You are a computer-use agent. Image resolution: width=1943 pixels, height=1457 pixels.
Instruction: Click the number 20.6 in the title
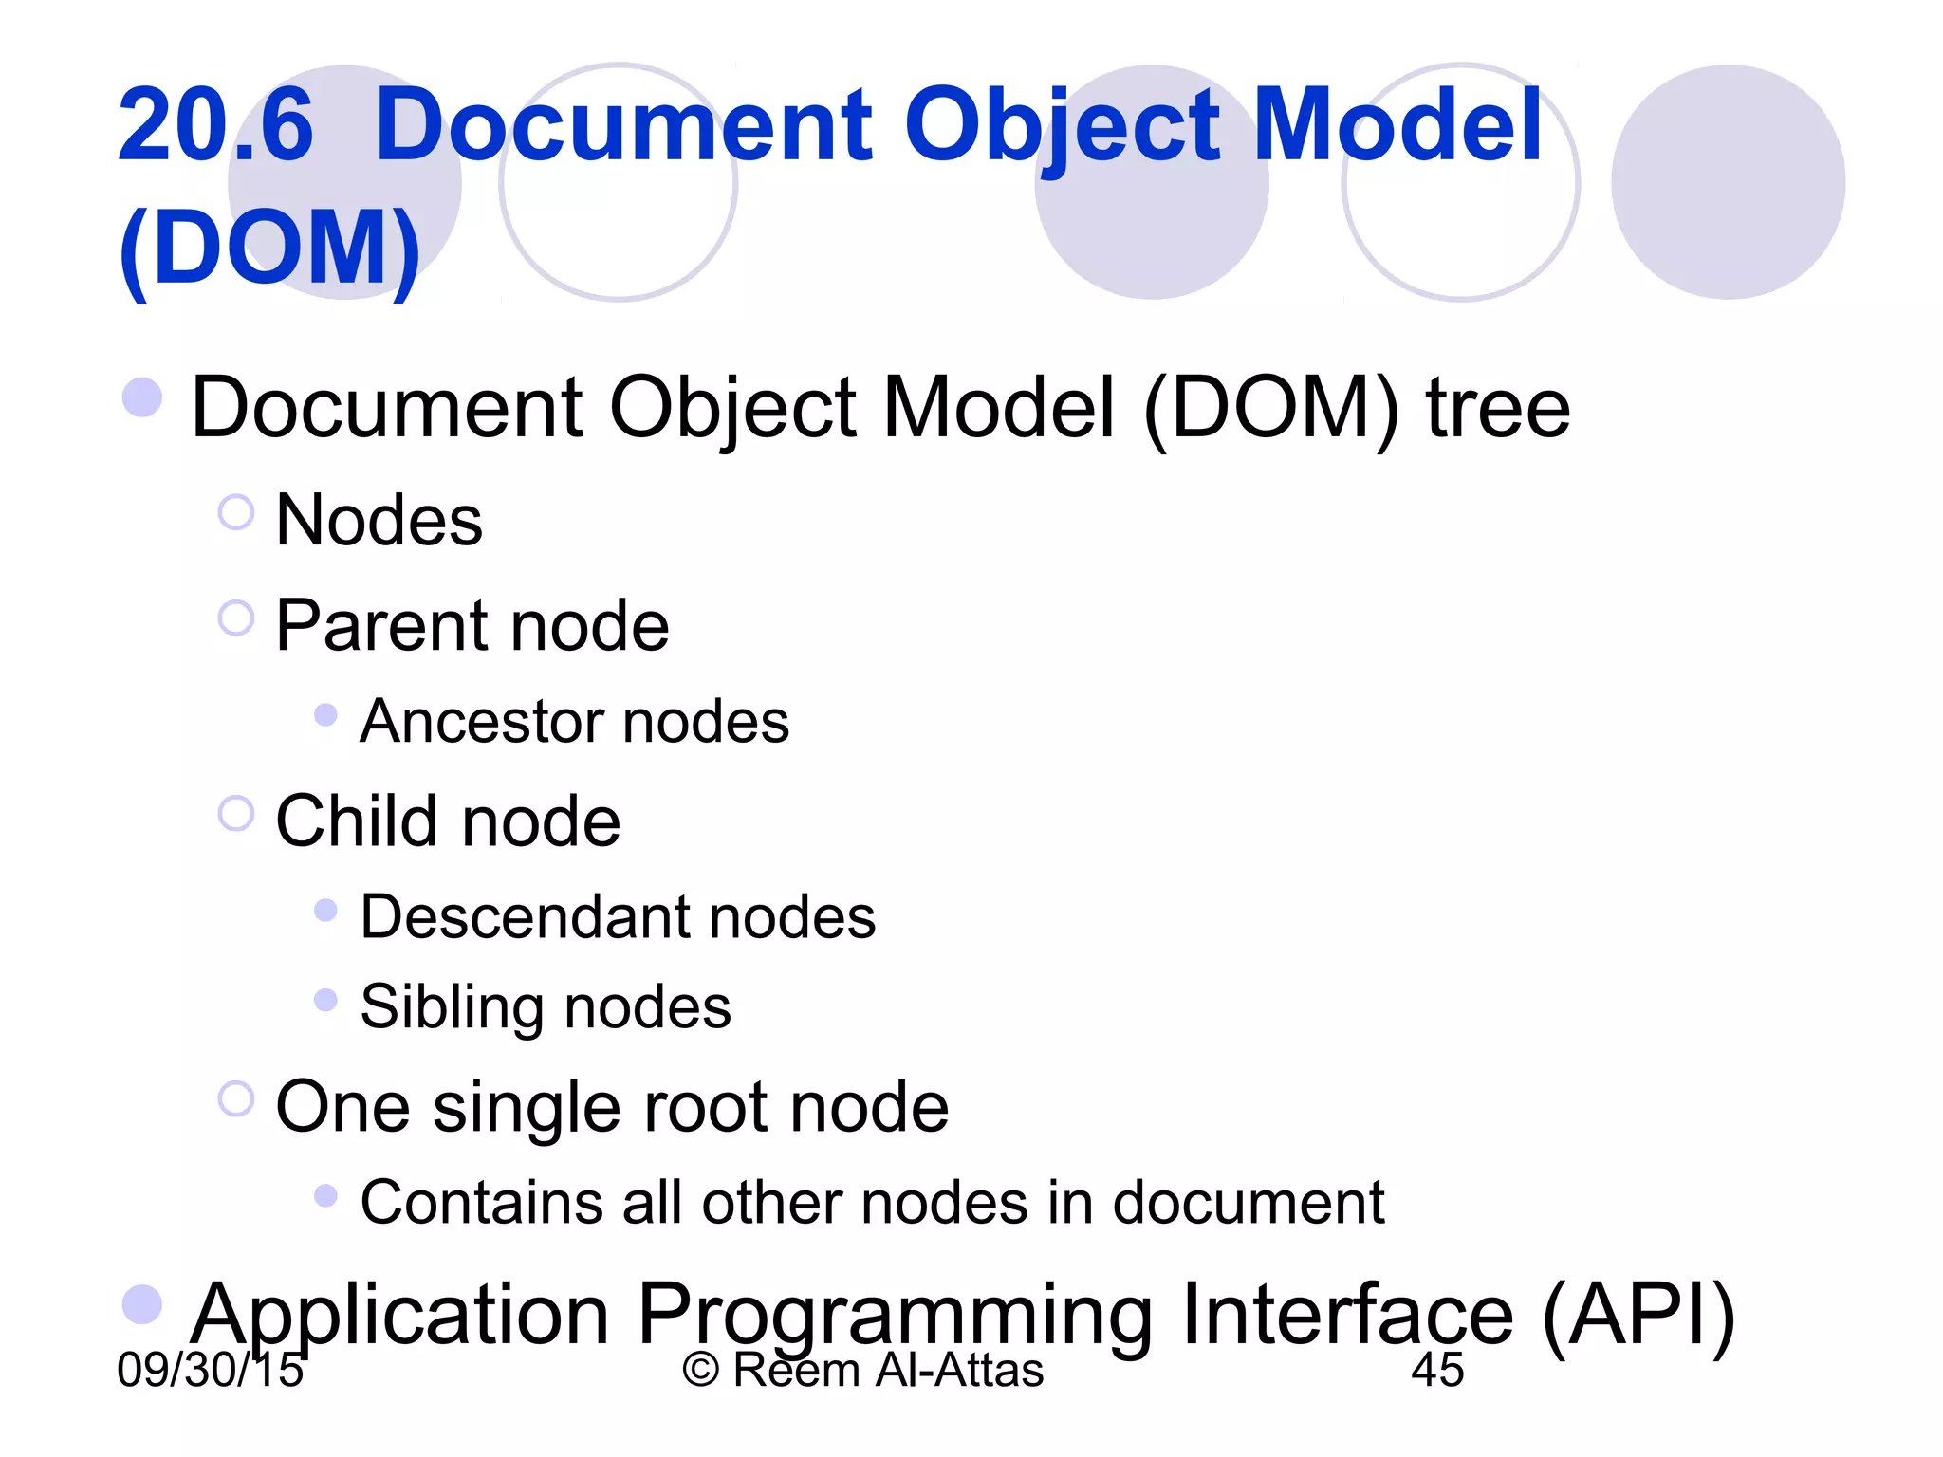click(x=215, y=125)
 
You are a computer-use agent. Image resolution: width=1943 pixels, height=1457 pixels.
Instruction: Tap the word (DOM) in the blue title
click(x=270, y=249)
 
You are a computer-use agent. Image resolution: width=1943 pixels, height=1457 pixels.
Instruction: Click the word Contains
click(x=481, y=1203)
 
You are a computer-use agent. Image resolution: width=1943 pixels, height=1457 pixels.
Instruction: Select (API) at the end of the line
click(x=1638, y=1317)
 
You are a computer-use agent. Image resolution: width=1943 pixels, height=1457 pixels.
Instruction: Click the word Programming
click(x=895, y=1317)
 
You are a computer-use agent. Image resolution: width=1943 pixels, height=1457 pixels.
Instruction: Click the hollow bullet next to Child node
click(x=236, y=814)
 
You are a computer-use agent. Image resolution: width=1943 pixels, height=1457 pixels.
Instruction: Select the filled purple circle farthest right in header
click(x=1728, y=182)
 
